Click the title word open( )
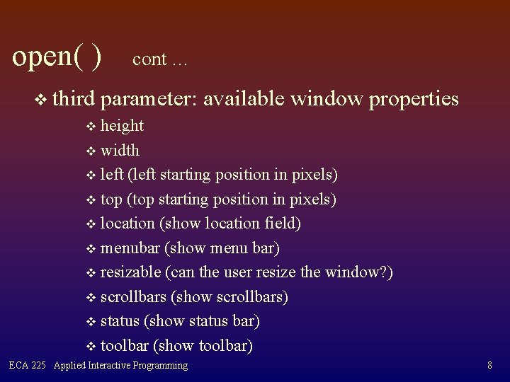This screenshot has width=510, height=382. [x=57, y=55]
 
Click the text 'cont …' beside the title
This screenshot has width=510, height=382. [x=159, y=59]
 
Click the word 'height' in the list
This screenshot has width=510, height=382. [x=122, y=126]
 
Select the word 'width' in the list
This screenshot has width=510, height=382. [x=120, y=150]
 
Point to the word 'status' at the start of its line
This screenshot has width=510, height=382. [x=120, y=321]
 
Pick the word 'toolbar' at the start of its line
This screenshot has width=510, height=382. [x=125, y=346]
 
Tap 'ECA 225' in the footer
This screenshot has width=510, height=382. [x=27, y=366]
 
